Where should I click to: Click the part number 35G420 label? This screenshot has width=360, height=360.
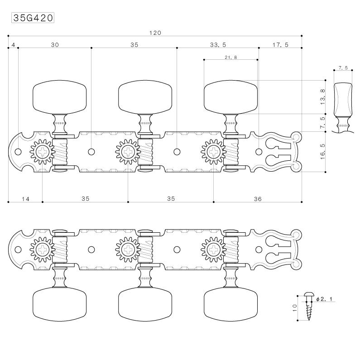coord(33,18)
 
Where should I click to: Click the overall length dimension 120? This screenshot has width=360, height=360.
coord(155,33)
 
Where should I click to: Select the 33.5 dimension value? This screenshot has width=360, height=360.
coord(218,45)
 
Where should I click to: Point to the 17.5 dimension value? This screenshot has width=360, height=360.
coord(280,45)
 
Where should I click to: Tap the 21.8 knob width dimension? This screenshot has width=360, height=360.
coord(231,57)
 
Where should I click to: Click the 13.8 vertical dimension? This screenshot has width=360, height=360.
coord(322,97)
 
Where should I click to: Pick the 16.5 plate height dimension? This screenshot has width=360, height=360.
coord(322,152)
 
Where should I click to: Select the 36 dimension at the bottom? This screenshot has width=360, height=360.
coord(258,199)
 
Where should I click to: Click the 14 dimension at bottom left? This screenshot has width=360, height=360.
coord(25,199)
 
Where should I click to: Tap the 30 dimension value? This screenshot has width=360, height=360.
coord(55,45)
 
